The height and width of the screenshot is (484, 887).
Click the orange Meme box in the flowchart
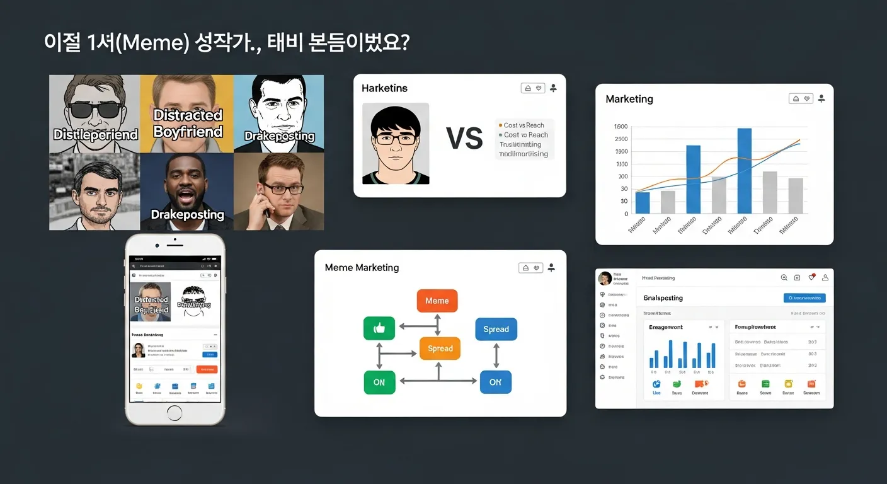(437, 301)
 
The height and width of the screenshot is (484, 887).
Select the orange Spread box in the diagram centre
(440, 349)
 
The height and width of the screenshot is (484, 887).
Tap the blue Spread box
(496, 329)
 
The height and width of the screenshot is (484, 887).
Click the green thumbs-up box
(379, 328)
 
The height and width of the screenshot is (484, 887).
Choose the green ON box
(379, 382)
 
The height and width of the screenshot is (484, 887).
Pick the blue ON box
(495, 382)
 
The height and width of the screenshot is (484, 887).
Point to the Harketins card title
(384, 89)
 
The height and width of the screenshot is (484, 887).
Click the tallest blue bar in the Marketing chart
(744, 170)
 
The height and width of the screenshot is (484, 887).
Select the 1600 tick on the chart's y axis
(621, 127)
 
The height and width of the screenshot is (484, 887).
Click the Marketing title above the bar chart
(629, 99)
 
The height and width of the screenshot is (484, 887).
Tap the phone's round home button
(175, 415)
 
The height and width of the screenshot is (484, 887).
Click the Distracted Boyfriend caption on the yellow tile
(188, 124)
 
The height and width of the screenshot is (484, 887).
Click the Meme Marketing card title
(362, 268)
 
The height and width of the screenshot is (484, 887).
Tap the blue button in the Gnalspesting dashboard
(804, 297)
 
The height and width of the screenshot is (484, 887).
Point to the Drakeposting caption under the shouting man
(187, 215)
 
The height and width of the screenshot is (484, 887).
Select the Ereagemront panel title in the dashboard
(665, 327)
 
